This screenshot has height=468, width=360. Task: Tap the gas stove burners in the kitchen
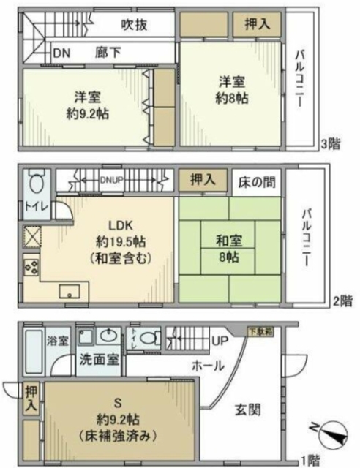click(31, 267)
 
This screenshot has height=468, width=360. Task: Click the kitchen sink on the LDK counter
click(70, 291)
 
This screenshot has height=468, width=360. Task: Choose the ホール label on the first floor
click(209, 366)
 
